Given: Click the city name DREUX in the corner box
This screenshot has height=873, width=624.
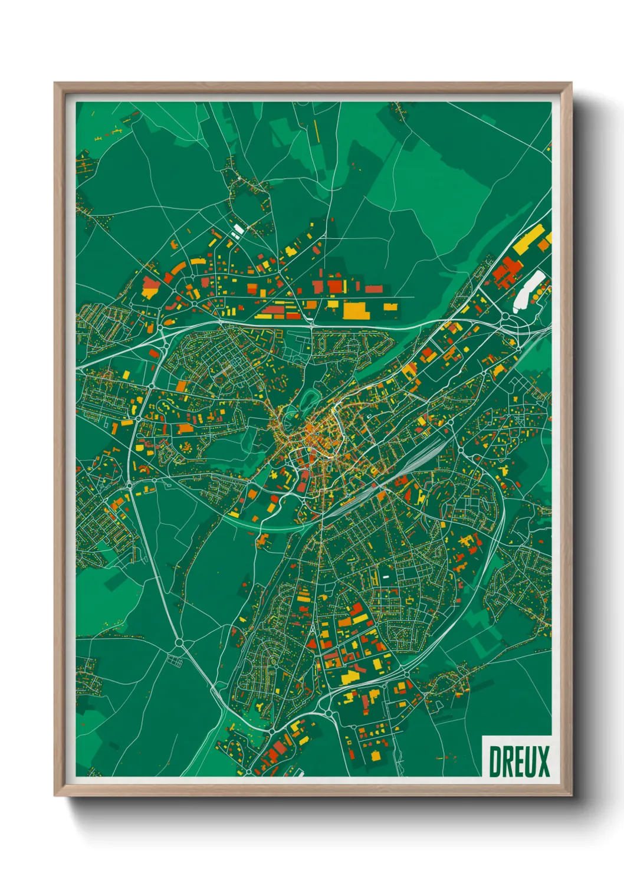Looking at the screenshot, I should pyautogui.click(x=518, y=761).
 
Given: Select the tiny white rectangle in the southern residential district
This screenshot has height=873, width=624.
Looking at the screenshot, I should pyautogui.click(x=386, y=576).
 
